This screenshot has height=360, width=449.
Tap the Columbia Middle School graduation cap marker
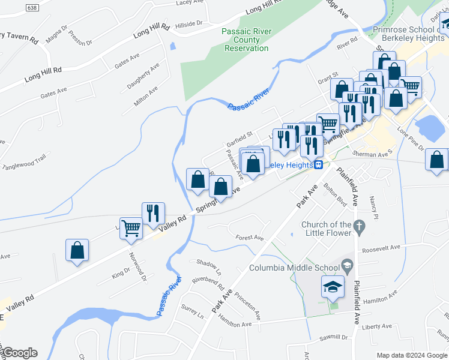[333, 287]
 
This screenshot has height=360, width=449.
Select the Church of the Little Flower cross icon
[360, 227]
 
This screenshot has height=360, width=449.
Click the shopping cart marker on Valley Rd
[131, 227]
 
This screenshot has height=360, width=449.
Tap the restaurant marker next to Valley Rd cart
[153, 213]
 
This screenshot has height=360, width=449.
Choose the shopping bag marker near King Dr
[77, 250]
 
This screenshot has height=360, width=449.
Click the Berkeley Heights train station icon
[319, 164]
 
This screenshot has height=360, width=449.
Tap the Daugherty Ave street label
[143, 76]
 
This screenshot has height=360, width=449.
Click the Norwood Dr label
[137, 266]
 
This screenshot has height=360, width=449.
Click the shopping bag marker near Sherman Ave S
[436, 160]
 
